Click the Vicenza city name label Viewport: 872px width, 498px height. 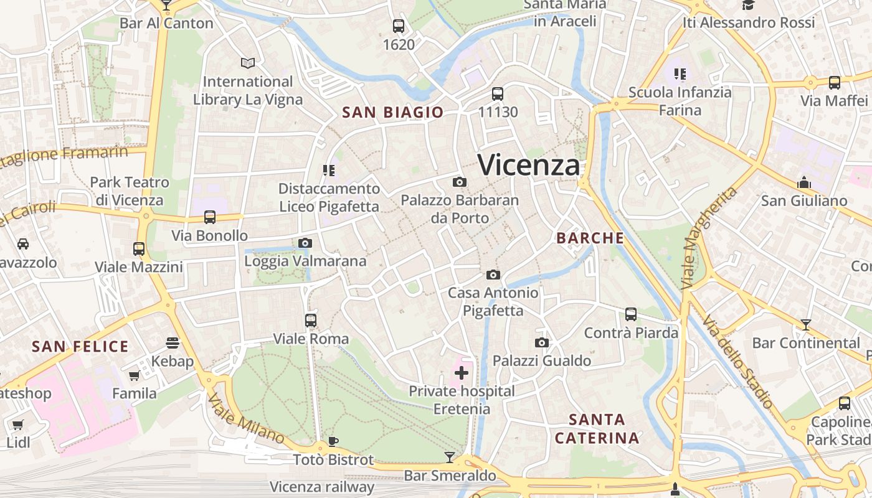[529, 165]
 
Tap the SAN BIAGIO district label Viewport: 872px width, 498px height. [393, 113]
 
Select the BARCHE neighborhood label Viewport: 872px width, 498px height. [590, 238]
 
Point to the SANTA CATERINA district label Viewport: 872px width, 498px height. [597, 428]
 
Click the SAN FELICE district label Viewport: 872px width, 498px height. [80, 347]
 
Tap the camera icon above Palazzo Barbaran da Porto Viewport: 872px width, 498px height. [460, 182]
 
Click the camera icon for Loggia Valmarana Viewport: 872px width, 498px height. [305, 243]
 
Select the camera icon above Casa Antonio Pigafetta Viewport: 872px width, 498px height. [493, 275]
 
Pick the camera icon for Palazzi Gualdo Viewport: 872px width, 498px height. [542, 342]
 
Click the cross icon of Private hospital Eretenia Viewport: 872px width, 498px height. [462, 373]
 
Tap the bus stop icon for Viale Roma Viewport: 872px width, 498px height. [311, 321]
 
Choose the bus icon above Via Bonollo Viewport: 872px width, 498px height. [210, 217]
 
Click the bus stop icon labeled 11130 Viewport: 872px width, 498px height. [498, 94]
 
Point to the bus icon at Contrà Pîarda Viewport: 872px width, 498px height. [631, 314]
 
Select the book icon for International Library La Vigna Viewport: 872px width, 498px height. [248, 63]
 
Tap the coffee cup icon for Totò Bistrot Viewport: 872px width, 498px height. [333, 442]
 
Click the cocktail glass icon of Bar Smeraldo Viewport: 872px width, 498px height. [450, 458]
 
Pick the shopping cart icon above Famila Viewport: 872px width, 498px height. [134, 375]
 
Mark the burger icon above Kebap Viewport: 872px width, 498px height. [173, 343]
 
